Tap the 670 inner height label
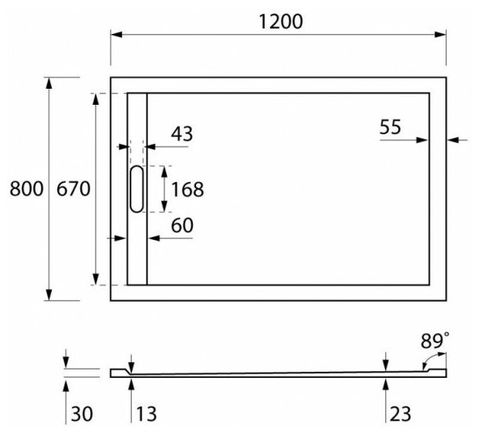pyautogui.click(x=73, y=189)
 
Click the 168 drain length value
pyautogui.click(x=187, y=189)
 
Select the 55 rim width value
pyautogui.click(x=390, y=127)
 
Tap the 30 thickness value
pyautogui.click(x=81, y=414)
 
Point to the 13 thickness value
pyautogui.click(x=145, y=414)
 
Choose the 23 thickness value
pyautogui.click(x=400, y=414)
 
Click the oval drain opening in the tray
pyautogui.click(x=137, y=189)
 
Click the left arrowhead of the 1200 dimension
pyautogui.click(x=116, y=35)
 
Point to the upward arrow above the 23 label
pyautogui.click(x=386, y=383)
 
